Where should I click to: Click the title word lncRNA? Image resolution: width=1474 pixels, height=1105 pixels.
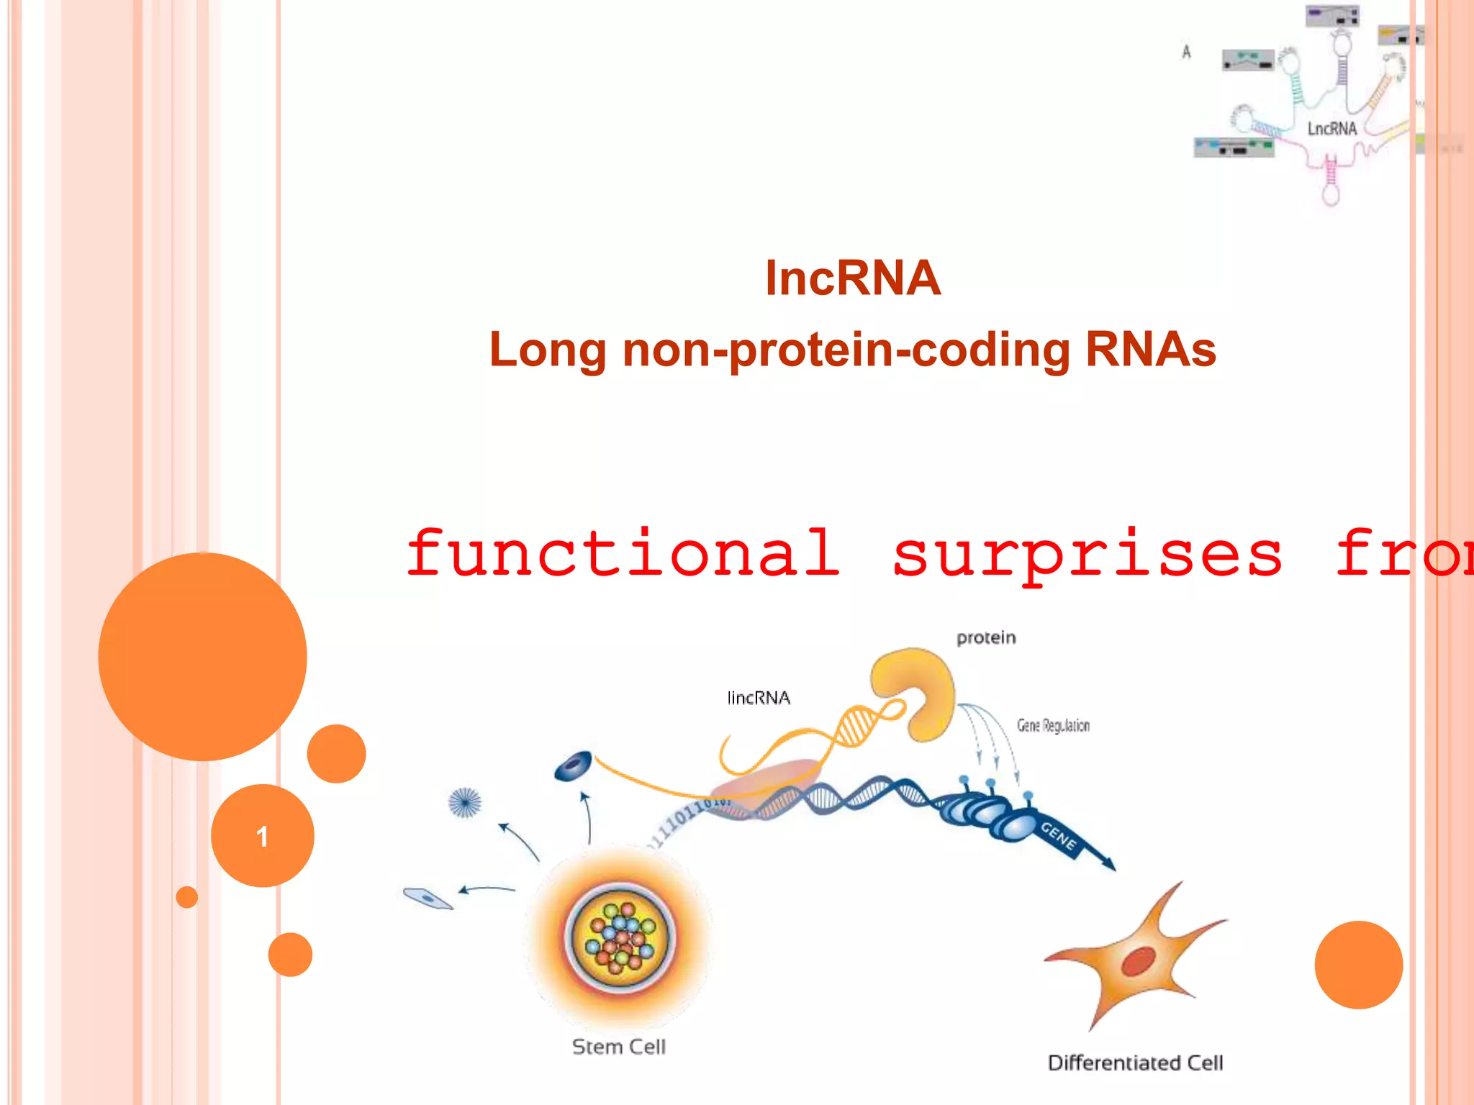tap(852, 278)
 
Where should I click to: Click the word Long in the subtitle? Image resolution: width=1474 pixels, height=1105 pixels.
tap(547, 350)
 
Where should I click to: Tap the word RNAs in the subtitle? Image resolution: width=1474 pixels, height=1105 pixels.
tap(1149, 350)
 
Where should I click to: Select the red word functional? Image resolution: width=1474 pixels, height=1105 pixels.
tap(623, 553)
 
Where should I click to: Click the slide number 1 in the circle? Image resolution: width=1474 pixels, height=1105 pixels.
tap(262, 836)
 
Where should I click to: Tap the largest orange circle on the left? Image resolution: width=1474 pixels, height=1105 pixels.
tap(202, 656)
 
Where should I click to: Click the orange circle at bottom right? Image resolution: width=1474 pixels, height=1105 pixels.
tap(1358, 964)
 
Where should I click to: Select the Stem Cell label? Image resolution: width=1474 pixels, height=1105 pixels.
tap(618, 1047)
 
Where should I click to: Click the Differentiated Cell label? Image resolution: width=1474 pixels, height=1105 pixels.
tap(1135, 1063)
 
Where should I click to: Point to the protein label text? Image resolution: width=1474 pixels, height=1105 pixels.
tap(985, 637)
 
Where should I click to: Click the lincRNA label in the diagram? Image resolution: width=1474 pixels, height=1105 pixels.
tap(758, 698)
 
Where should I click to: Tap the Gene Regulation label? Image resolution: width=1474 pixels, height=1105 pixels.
tap(1052, 725)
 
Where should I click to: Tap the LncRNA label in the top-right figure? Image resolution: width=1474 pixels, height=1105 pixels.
tap(1331, 129)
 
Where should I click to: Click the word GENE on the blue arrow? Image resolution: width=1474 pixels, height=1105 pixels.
tap(1058, 837)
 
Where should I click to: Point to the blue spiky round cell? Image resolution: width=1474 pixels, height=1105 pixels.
tap(464, 801)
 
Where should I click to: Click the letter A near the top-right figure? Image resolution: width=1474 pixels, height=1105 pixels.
tap(1186, 52)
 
